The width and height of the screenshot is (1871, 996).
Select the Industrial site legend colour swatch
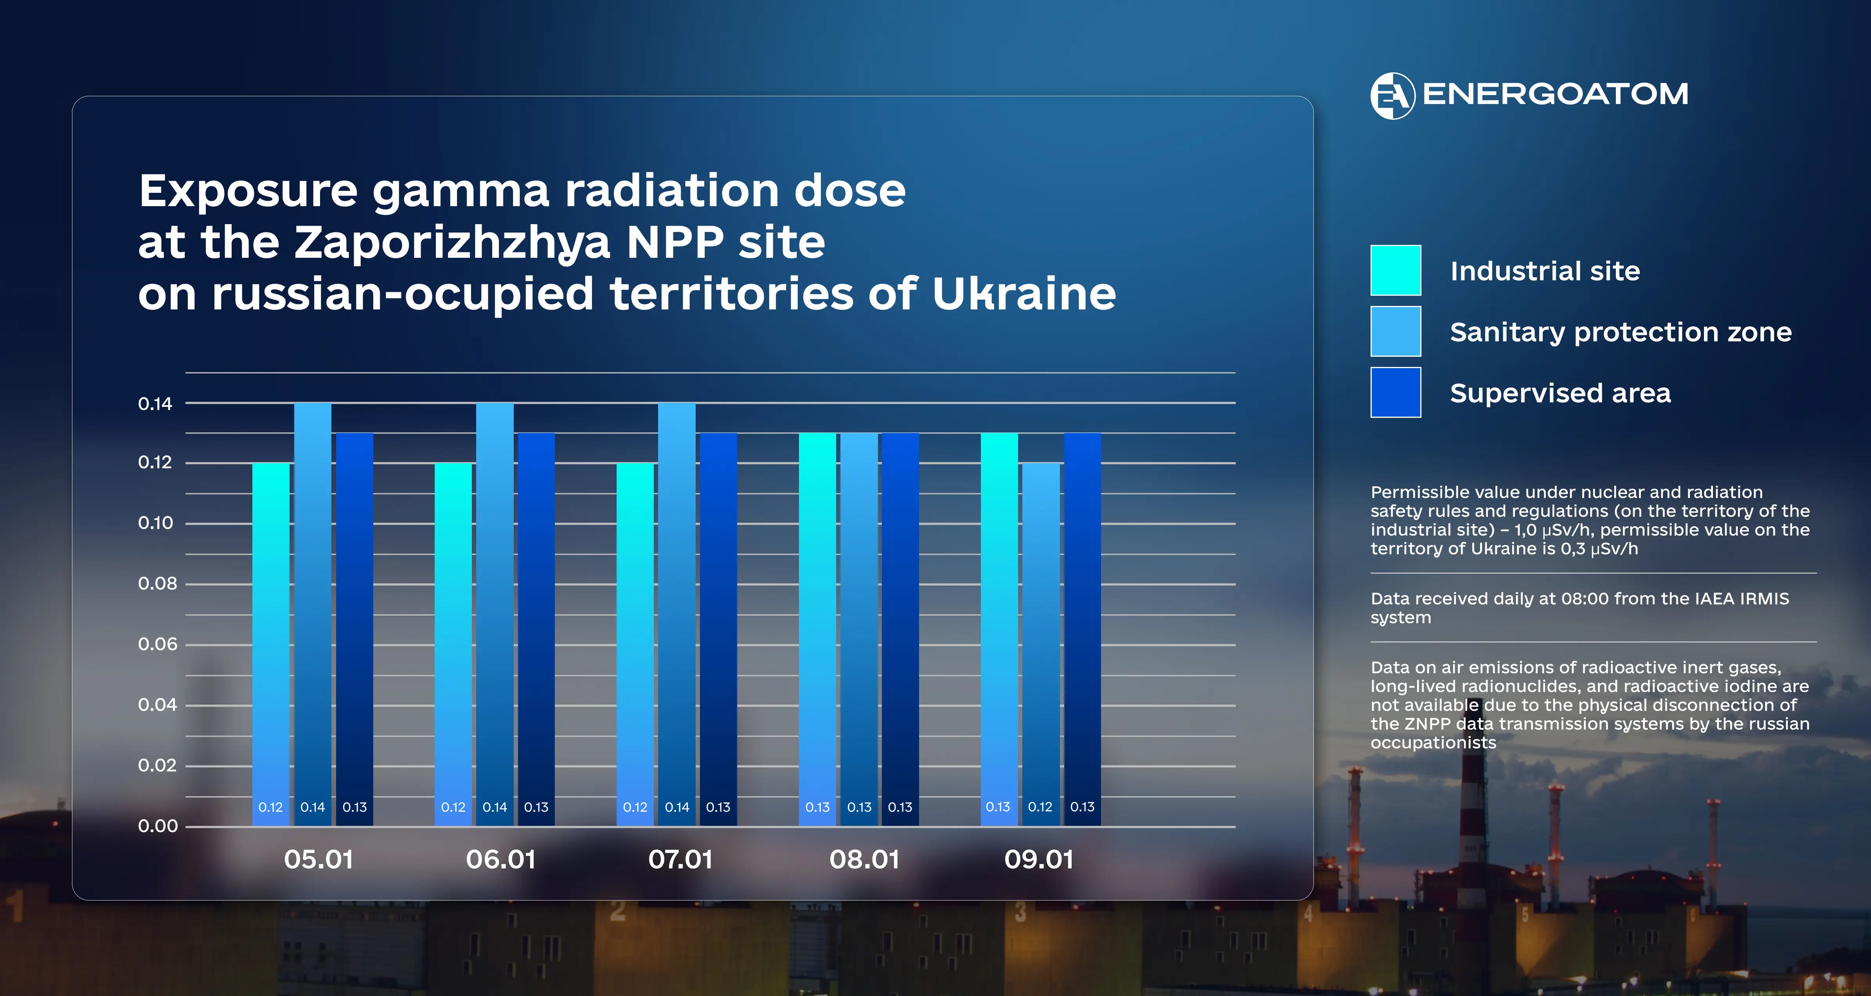tap(1395, 270)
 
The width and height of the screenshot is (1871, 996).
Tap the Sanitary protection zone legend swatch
tap(1395, 331)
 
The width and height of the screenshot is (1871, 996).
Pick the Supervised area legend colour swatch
tap(1395, 392)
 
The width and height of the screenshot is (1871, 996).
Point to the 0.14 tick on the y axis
tap(155, 404)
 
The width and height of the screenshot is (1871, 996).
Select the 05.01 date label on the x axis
tap(318, 859)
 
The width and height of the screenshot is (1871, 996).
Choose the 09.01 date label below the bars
tap(1039, 859)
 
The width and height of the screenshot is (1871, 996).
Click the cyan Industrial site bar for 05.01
tap(271, 639)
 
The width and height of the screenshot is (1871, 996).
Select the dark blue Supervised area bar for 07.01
tap(718, 625)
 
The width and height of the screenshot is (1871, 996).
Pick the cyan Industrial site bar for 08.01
tap(817, 625)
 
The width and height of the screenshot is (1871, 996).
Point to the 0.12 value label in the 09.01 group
tap(1040, 807)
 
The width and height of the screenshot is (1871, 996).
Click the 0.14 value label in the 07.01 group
tap(677, 807)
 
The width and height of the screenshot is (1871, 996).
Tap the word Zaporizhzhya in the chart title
tap(452, 243)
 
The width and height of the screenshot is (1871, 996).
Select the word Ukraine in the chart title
tap(1024, 294)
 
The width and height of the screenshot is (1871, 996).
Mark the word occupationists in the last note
tap(1433, 743)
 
